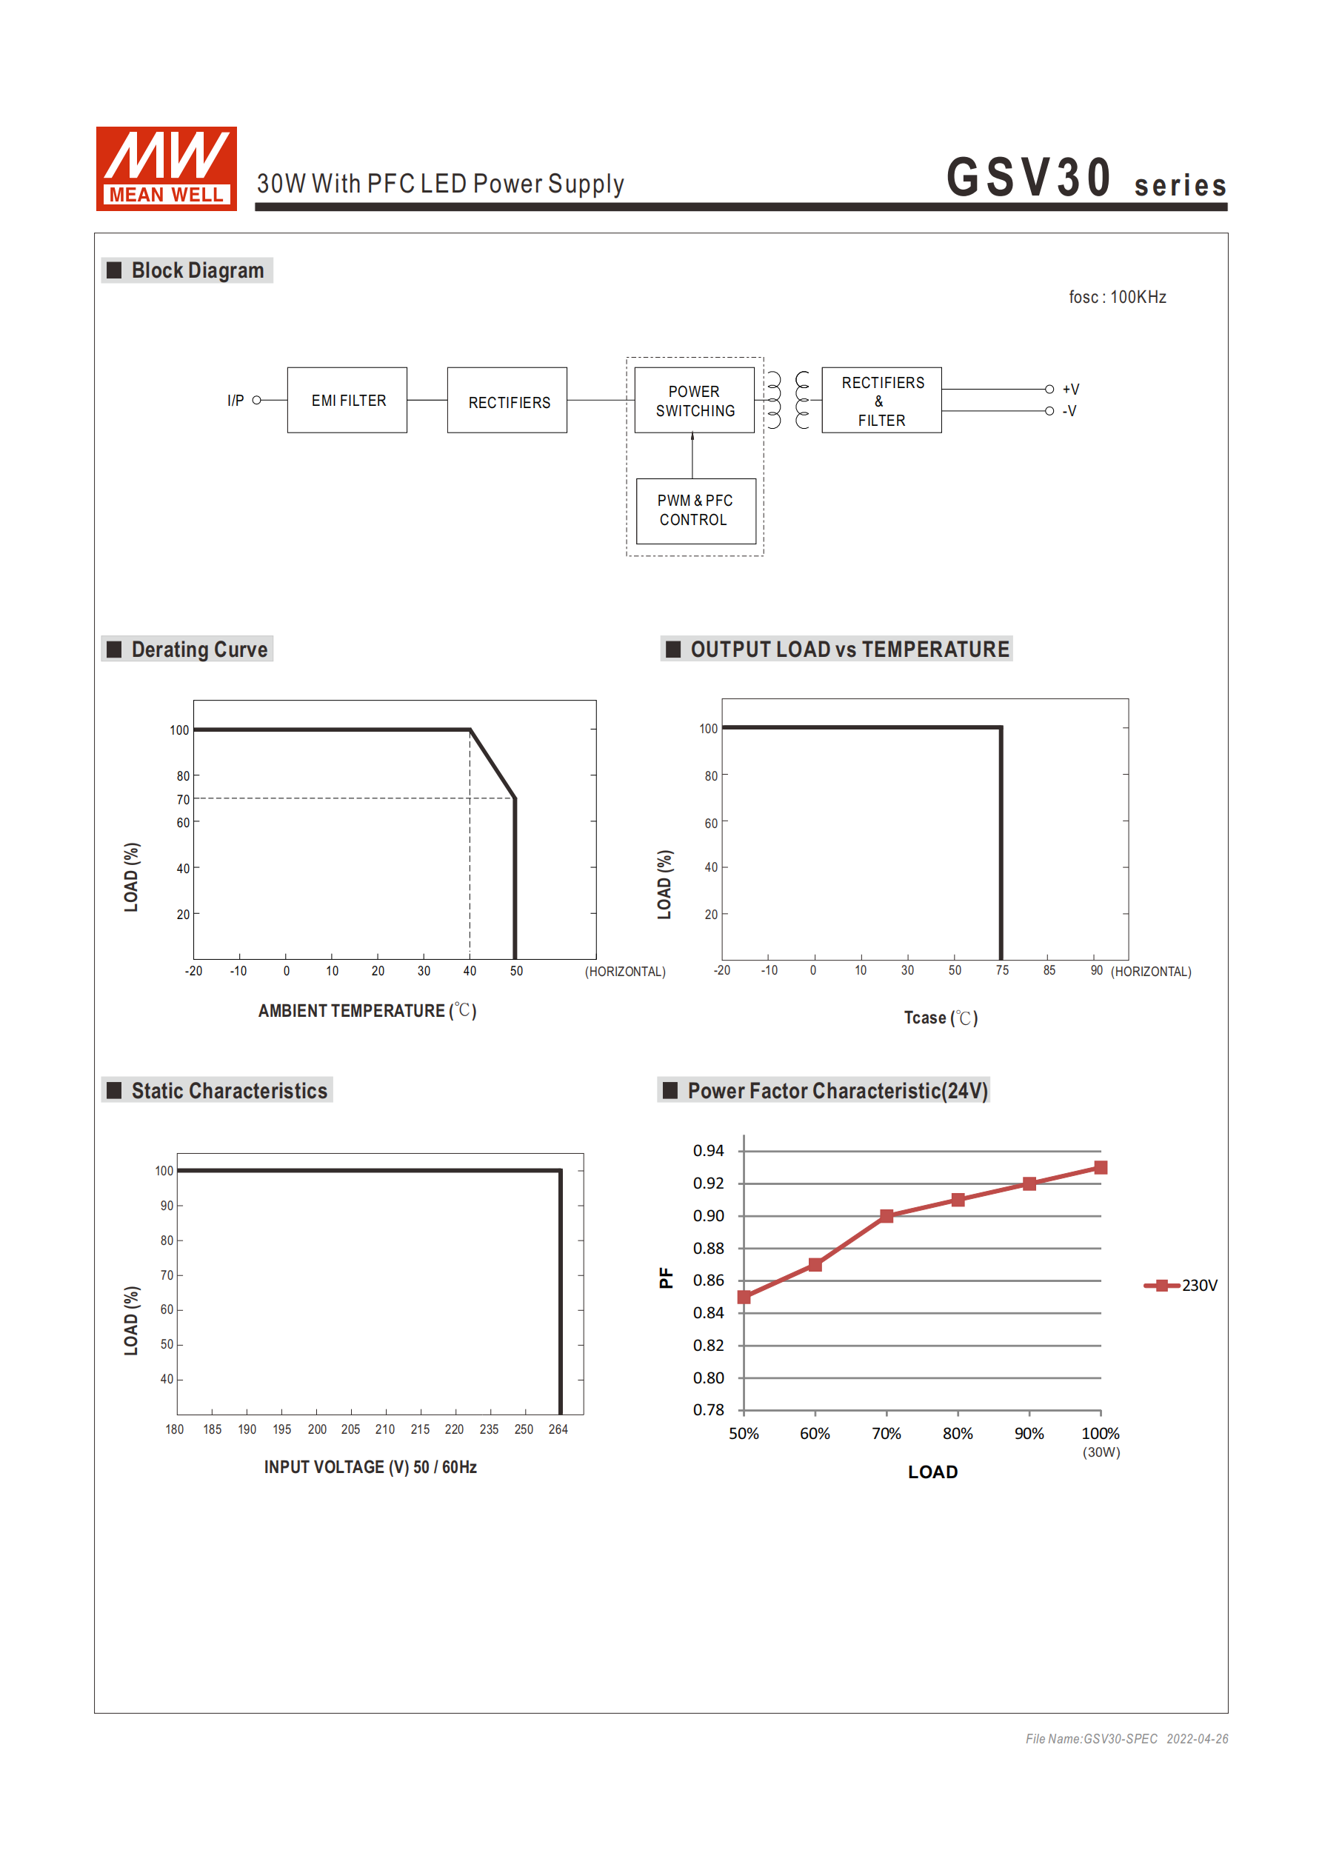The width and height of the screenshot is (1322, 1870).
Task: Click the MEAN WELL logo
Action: [x=166, y=169]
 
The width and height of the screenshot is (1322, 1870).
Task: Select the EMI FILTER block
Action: [x=347, y=400]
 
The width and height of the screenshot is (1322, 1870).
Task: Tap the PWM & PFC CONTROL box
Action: [x=695, y=511]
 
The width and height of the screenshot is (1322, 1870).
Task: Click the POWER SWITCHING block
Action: [x=694, y=401]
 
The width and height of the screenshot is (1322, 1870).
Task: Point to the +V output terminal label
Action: [x=1070, y=390]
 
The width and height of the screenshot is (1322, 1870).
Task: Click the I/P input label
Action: [x=236, y=401]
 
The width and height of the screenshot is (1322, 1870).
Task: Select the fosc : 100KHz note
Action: [x=1117, y=297]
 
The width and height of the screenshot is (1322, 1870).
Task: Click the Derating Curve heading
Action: [x=198, y=649]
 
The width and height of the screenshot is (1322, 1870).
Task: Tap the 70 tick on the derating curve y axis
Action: [x=183, y=800]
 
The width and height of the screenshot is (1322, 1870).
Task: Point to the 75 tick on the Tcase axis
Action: [x=1002, y=970]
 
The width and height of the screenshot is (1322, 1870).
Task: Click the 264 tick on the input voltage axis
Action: [x=558, y=1429]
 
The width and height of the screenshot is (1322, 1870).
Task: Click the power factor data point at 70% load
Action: [x=887, y=1216]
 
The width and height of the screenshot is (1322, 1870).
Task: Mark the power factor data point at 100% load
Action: [x=1101, y=1168]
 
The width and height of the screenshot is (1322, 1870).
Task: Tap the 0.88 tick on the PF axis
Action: [x=708, y=1249]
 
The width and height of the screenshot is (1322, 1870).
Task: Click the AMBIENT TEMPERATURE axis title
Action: [x=367, y=1011]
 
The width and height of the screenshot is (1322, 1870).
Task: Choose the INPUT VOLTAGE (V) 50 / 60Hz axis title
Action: [x=370, y=1467]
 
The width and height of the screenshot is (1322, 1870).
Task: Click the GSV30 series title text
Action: [x=1086, y=178]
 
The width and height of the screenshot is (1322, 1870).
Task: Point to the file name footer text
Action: [x=1126, y=1739]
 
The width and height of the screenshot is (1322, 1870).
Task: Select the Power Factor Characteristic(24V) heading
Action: [x=837, y=1091]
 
